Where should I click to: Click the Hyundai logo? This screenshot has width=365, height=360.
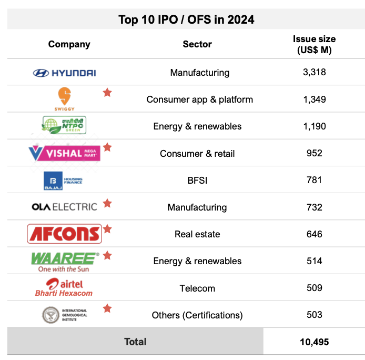coord(64,73)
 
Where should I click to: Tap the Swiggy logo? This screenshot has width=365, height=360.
coord(64,99)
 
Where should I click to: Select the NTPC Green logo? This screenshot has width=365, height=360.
coord(64,126)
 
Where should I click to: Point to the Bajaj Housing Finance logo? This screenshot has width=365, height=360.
coord(63,181)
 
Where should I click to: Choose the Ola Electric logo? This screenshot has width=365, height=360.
coord(64,207)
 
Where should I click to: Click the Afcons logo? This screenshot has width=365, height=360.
coord(64,234)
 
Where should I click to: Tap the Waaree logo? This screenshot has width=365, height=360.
coord(65,261)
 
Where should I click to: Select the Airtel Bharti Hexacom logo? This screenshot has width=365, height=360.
coord(64,288)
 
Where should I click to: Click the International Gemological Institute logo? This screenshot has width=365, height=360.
coord(64,315)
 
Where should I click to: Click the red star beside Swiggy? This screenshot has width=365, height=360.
coord(107,93)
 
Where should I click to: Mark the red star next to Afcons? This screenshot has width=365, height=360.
coord(107,229)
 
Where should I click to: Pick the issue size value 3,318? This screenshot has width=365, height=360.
coord(315,72)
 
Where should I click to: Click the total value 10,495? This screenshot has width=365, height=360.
coord(314,342)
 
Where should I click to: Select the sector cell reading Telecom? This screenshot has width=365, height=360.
coord(197,288)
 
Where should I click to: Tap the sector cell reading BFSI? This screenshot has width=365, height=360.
coord(197,181)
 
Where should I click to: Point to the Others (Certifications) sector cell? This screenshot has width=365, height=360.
coord(197,315)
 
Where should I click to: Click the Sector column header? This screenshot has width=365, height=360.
coord(197,44)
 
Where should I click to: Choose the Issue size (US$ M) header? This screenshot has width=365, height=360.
coord(314,45)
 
